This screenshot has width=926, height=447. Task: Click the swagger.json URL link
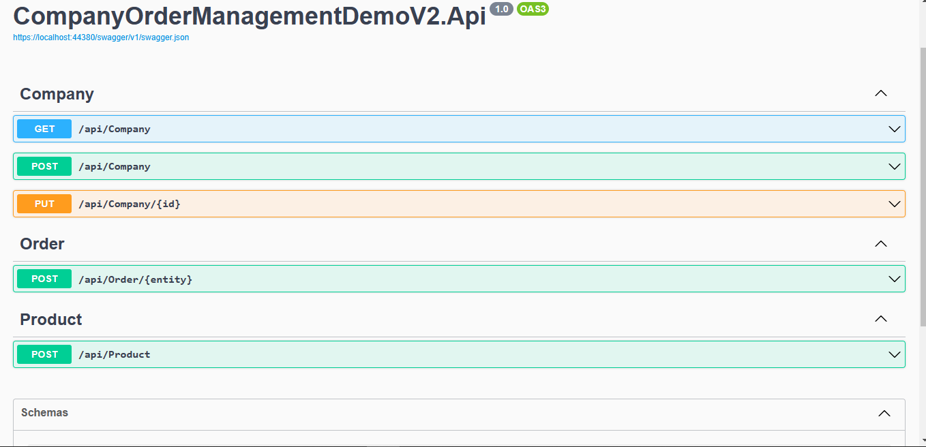tap(101, 37)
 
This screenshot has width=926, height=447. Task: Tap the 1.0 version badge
tap(501, 9)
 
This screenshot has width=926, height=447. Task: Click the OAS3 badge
tap(533, 9)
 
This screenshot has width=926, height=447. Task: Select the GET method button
tap(44, 129)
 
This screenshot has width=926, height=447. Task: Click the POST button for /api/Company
tap(44, 166)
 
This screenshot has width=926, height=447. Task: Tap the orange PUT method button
tap(44, 204)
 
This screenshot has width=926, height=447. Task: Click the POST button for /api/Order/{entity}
tap(44, 279)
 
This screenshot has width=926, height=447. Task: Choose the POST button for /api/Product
tap(44, 354)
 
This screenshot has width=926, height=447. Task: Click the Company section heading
tap(57, 94)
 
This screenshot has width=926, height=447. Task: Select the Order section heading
tap(42, 244)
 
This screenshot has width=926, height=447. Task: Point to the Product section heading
tap(51, 320)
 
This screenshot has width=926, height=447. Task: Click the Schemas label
tap(44, 413)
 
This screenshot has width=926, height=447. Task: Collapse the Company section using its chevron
tap(881, 93)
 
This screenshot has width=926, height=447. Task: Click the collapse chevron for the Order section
tap(881, 244)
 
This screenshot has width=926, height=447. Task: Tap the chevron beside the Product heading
tap(881, 318)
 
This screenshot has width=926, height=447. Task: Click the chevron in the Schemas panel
tap(884, 413)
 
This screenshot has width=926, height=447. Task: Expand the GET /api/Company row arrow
tap(895, 129)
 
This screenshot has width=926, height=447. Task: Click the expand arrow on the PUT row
tap(895, 204)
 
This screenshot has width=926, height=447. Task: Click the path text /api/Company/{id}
tap(130, 204)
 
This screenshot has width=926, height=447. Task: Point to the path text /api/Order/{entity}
tap(135, 279)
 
